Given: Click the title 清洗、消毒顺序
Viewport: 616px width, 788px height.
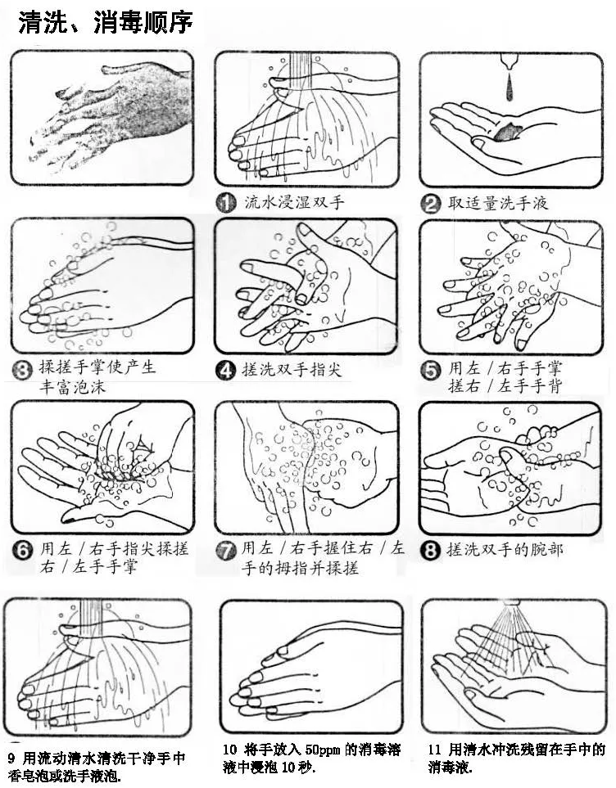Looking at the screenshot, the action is click(106, 23).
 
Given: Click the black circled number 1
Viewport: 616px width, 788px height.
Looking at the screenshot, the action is click(225, 203).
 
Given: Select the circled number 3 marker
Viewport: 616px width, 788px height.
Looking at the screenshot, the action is click(21, 371).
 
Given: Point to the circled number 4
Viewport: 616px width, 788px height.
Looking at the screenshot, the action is click(225, 371).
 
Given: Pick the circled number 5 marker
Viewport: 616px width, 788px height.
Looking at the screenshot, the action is click(430, 371).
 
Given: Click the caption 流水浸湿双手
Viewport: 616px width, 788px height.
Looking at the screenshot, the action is click(294, 203).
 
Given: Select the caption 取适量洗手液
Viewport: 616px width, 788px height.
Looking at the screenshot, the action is click(498, 203).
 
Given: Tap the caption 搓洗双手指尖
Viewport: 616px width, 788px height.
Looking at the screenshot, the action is click(292, 371).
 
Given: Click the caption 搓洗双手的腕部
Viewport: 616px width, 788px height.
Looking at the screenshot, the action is click(505, 550).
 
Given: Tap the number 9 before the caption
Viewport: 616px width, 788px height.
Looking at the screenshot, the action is click(12, 758).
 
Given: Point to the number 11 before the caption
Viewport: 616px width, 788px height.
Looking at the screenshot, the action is click(435, 750).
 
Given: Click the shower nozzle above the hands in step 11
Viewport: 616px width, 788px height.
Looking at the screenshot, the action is click(512, 601).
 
